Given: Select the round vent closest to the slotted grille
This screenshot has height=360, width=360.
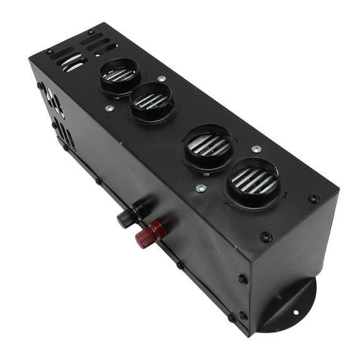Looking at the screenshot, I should (119, 75).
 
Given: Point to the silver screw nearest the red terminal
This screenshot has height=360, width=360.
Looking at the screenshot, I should (200, 187).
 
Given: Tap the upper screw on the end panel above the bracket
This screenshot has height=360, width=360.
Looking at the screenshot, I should (243, 279).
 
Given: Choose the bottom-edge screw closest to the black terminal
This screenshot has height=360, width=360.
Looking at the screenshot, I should (97, 182).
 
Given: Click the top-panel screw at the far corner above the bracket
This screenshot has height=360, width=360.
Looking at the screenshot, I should (313, 199).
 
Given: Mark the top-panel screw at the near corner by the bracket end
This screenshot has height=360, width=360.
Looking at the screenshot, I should (266, 237).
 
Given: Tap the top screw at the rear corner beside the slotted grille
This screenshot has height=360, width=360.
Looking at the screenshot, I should (91, 31).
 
